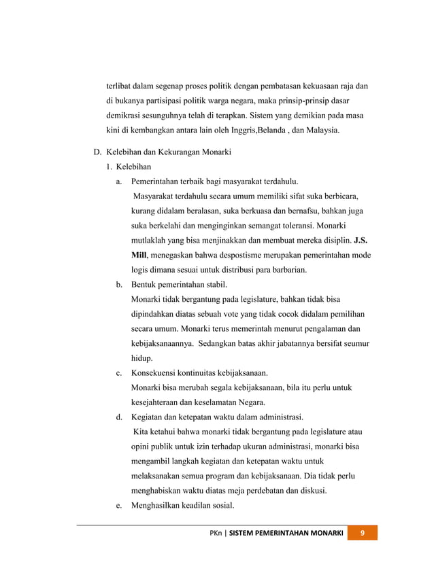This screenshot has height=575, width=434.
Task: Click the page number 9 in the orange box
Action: pyautogui.click(x=363, y=533)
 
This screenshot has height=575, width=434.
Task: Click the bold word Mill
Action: pyautogui.click(x=139, y=256)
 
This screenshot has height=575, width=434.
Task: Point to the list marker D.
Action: pyautogui.click(x=97, y=152)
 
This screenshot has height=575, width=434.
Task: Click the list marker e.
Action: pyautogui.click(x=119, y=505)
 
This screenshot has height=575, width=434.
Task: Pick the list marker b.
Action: pyautogui.click(x=119, y=284)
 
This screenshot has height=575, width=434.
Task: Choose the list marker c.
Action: pyautogui.click(x=119, y=372)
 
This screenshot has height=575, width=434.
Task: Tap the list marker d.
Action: pyautogui.click(x=119, y=417)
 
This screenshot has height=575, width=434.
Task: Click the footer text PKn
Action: pyautogui.click(x=216, y=533)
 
